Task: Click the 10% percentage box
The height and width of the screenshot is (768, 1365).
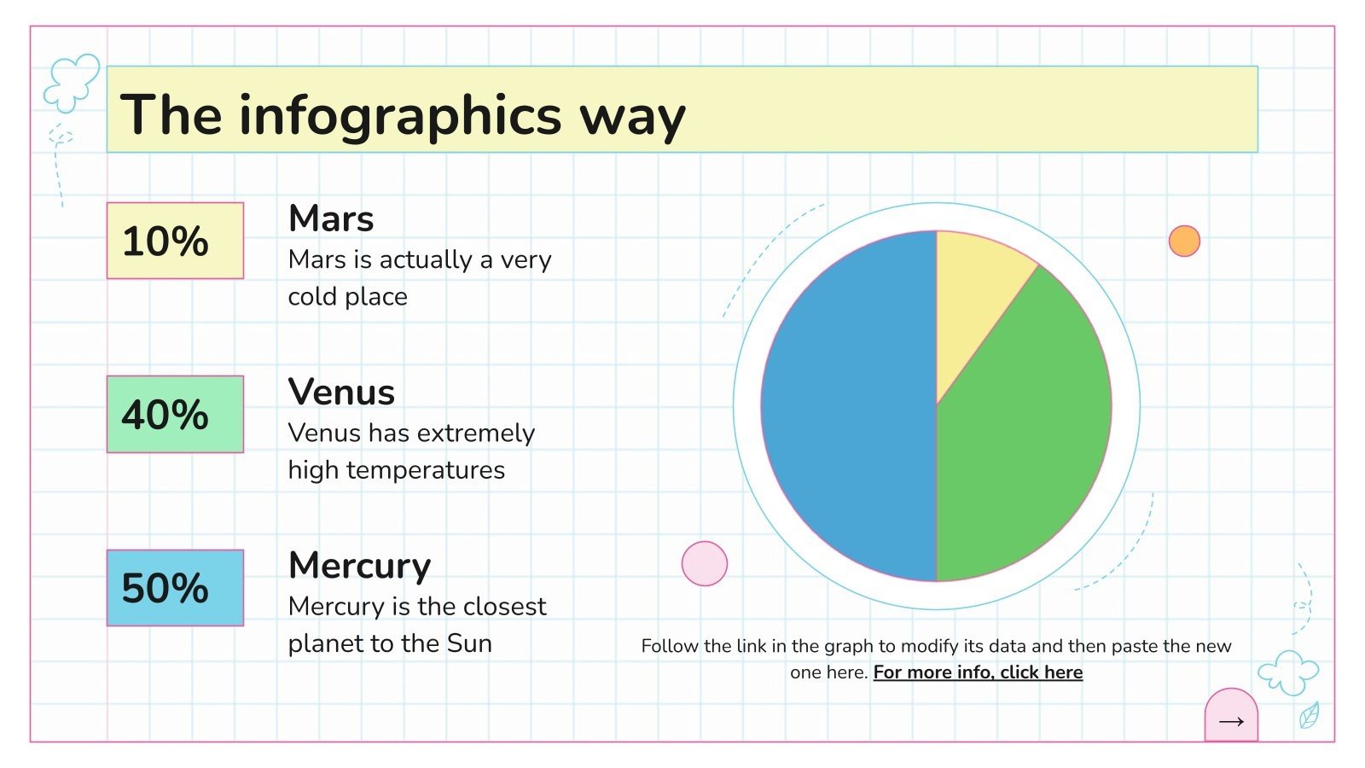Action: pyautogui.click(x=175, y=241)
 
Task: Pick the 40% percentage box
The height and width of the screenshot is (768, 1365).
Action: pyautogui.click(x=175, y=414)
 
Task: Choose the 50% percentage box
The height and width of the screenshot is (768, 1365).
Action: pyautogui.click(x=175, y=588)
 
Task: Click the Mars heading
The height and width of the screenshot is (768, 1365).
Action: pyautogui.click(x=331, y=219)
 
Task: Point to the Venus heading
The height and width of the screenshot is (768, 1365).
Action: pyautogui.click(x=341, y=393)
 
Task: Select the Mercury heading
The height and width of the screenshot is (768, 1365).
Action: pyautogui.click(x=359, y=566)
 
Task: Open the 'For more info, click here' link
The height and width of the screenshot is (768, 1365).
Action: pyautogui.click(x=978, y=672)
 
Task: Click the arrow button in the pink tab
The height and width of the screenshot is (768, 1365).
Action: pyautogui.click(x=1231, y=721)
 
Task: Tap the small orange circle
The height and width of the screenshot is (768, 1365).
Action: pyautogui.click(x=1184, y=241)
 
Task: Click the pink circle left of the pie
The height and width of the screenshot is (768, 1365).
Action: pyautogui.click(x=705, y=563)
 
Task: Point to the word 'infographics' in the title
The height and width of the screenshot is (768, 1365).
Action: pyautogui.click(x=399, y=115)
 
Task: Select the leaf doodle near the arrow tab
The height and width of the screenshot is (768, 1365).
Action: pyautogui.click(x=1309, y=715)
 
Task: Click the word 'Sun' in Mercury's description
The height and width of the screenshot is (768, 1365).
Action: pyautogui.click(x=469, y=643)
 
